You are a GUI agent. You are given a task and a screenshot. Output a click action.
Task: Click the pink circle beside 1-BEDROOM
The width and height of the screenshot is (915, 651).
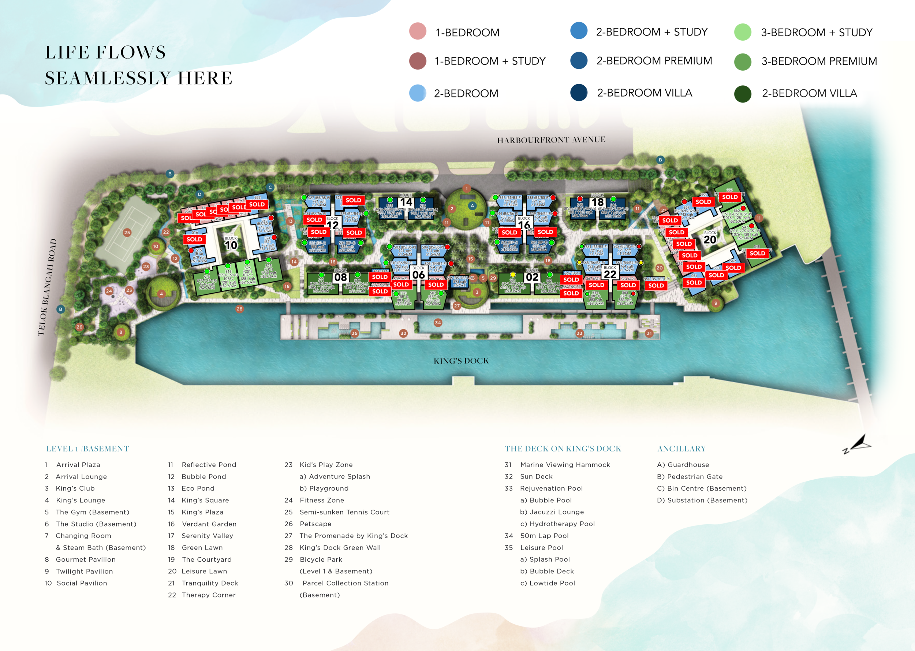coord(418,31)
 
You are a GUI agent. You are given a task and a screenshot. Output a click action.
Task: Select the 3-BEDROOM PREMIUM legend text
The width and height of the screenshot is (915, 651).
coord(819,62)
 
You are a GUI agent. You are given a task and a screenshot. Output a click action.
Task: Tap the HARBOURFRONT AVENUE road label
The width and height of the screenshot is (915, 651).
coord(551,140)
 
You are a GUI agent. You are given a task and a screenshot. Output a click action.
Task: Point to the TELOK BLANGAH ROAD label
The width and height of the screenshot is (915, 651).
coord(47,287)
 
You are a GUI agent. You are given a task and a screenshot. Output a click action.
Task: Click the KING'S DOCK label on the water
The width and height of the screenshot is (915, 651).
coord(461,361)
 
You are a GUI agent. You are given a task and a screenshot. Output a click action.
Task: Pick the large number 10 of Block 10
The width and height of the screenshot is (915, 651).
coord(231,245)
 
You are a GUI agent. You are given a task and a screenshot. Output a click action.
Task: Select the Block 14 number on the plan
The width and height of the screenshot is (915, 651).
coord(406,202)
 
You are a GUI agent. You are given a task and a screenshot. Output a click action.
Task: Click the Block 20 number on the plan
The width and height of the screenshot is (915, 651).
coord(710,240)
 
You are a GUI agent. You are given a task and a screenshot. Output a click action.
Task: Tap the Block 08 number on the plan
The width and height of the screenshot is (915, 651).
coord(340,278)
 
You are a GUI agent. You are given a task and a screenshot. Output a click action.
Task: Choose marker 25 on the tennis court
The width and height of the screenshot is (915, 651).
coord(127,232)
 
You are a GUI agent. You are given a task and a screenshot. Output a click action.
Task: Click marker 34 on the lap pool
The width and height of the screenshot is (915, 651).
coord(438,322)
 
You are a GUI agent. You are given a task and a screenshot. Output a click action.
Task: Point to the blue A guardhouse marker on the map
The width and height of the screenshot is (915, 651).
coord(472,206)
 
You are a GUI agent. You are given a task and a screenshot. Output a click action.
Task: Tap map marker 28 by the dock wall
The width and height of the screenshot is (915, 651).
coord(240,309)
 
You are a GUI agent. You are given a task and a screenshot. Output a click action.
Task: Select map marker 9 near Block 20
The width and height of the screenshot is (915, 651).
coord(716,303)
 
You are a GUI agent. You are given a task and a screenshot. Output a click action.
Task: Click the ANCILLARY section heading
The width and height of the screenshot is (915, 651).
coord(681,449)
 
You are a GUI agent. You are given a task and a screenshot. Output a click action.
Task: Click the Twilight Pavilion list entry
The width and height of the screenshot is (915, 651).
coord(84,571)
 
